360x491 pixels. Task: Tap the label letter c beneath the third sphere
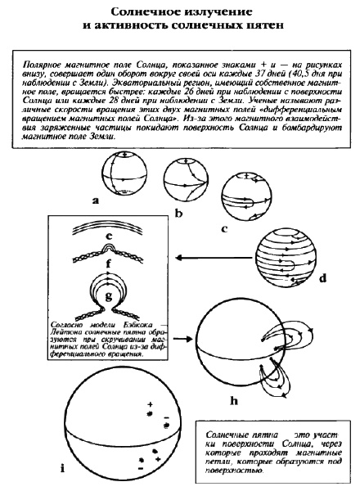(x=224, y=229)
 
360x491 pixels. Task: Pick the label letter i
(x=63, y=467)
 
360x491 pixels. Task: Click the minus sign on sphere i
(x=166, y=422)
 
